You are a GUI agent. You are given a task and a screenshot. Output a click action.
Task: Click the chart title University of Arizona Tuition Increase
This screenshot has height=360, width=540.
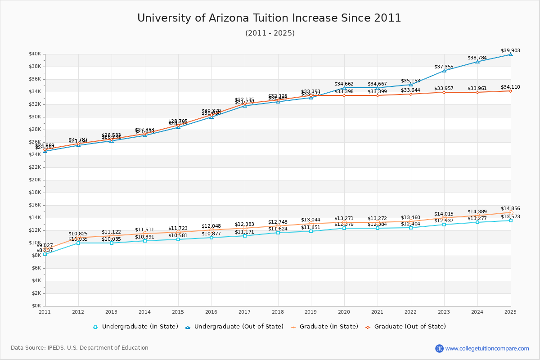269,18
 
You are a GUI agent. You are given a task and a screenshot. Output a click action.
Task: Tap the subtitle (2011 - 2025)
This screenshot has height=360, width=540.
270,33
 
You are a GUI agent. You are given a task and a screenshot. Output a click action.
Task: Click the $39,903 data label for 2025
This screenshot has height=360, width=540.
510,51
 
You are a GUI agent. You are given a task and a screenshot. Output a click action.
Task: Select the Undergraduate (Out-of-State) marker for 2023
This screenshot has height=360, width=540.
444,71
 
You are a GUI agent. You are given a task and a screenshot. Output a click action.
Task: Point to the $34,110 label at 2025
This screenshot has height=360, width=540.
510,87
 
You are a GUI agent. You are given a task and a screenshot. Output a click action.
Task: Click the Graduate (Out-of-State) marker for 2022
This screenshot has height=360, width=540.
411,94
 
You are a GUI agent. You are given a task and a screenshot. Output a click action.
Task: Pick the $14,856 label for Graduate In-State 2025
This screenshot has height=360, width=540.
510,209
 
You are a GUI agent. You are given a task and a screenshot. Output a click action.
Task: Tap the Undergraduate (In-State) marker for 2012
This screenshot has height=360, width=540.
78,243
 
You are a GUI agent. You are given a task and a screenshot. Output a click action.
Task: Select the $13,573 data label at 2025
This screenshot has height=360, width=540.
510,217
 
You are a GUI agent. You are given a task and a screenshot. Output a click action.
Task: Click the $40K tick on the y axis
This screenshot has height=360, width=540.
35,54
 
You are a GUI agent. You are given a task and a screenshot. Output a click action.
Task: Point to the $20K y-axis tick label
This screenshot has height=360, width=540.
35,180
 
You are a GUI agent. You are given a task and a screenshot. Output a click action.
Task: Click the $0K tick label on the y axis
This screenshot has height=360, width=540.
36,306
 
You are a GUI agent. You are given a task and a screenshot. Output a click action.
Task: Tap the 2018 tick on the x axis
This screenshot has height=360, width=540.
278,312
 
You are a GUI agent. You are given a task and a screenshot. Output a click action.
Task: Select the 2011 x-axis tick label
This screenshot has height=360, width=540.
45,312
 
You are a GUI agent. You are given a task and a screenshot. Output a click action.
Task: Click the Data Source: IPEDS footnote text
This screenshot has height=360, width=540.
80,348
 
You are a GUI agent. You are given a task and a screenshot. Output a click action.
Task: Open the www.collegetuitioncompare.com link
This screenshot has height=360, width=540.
487,348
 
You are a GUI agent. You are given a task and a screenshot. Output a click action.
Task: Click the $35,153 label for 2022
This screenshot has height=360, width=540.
410,81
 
